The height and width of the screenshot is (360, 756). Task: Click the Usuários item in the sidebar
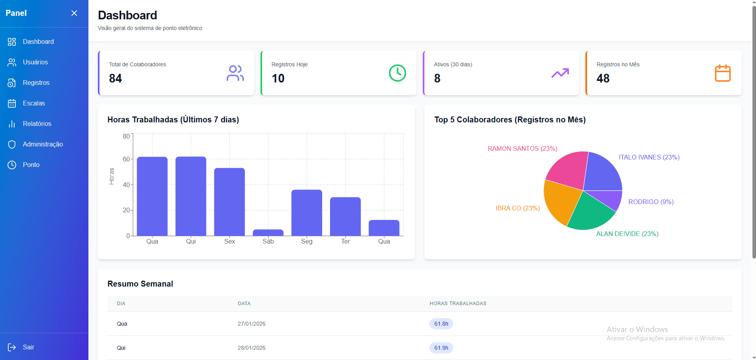pyautogui.click(x=28, y=62)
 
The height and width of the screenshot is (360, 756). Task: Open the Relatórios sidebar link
pyautogui.click(x=30, y=124)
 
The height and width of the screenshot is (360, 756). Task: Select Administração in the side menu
pyautogui.click(x=35, y=144)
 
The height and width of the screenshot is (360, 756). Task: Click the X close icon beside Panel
pyautogui.click(x=74, y=13)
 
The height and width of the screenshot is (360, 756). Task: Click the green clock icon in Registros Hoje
pyautogui.click(x=398, y=73)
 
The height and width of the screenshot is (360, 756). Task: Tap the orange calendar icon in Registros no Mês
pyautogui.click(x=723, y=73)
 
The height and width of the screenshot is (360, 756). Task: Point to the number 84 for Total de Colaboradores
pyautogui.click(x=116, y=78)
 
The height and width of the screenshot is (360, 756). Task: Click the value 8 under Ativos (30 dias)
pyautogui.click(x=437, y=78)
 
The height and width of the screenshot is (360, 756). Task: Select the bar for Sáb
pyautogui.click(x=268, y=232)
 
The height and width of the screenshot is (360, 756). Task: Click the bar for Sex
pyautogui.click(x=229, y=202)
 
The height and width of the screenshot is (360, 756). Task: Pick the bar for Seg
pyautogui.click(x=307, y=213)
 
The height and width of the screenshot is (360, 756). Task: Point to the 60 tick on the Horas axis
pyautogui.click(x=126, y=159)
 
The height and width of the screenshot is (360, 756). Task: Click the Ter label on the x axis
pyautogui.click(x=345, y=241)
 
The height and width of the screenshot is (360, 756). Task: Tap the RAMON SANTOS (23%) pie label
pyautogui.click(x=522, y=148)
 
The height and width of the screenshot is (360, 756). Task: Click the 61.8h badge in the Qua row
pyautogui.click(x=441, y=324)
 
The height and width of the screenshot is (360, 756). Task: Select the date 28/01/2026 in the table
pyautogui.click(x=251, y=348)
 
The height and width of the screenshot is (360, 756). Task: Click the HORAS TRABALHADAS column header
pyautogui.click(x=458, y=304)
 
